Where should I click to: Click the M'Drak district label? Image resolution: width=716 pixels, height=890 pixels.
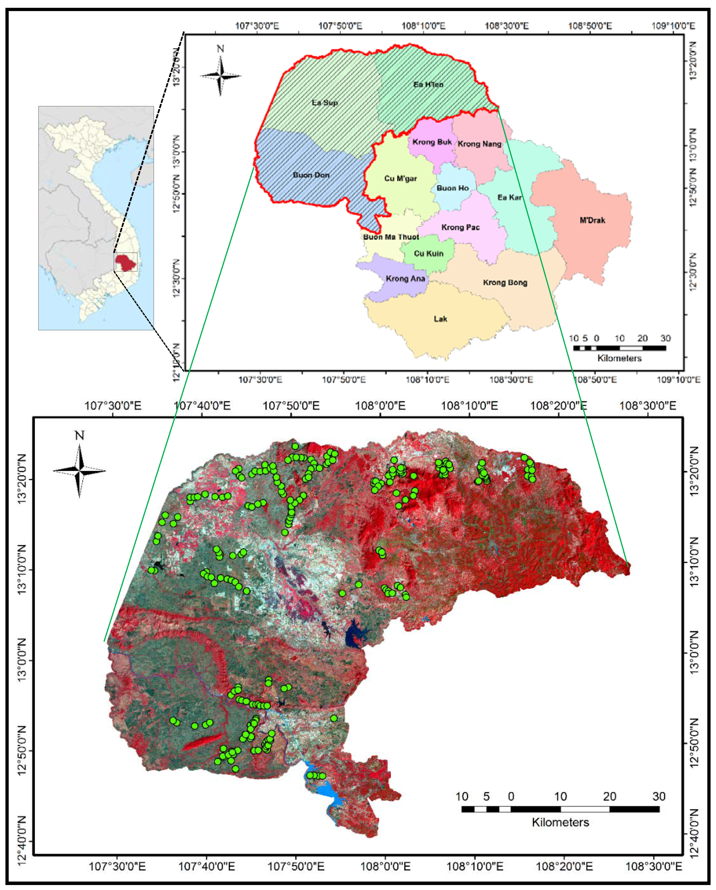point(592,220)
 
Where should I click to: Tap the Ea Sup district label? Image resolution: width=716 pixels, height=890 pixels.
point(325,102)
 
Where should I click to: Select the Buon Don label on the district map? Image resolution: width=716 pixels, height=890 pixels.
point(311,175)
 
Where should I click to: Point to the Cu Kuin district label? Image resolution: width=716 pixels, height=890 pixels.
point(429,253)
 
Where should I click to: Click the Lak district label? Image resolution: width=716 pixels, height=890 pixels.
point(440,319)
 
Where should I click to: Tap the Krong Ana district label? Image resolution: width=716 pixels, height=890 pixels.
point(405,279)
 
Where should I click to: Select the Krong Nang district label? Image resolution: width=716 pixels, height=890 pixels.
point(479,144)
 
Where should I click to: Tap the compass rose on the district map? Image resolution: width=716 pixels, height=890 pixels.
point(220,75)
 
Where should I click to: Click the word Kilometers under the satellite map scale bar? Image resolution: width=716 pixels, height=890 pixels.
point(560,822)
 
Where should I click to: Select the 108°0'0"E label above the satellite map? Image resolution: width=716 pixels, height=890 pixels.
point(380,405)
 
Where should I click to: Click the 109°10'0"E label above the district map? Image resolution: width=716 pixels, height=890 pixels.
point(673,26)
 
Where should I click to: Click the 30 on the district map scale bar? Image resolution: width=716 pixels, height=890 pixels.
point(665,338)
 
